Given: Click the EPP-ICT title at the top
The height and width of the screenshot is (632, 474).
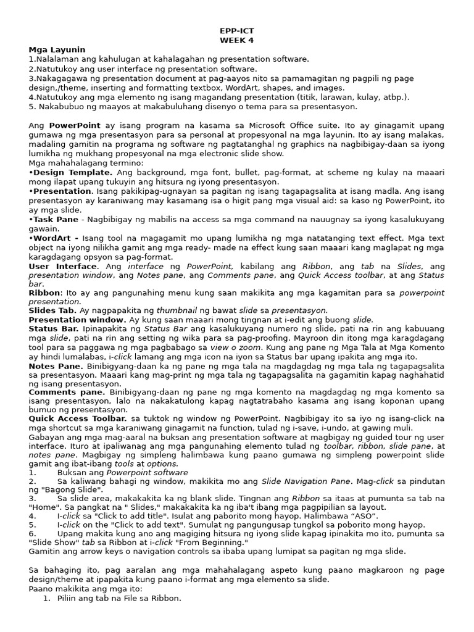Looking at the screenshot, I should pos(237,30).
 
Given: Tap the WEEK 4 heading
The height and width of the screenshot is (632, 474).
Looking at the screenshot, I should pos(237,40).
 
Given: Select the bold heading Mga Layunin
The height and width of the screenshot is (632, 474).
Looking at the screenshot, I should pos(57,49).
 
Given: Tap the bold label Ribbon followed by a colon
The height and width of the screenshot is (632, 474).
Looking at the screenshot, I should pos(44,293).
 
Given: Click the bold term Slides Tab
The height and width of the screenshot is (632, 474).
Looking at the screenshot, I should pos(52,310).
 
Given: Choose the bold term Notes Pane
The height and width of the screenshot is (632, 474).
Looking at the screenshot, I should pos(56,366).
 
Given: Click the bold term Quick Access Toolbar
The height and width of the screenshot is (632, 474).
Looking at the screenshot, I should pos(77,418).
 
